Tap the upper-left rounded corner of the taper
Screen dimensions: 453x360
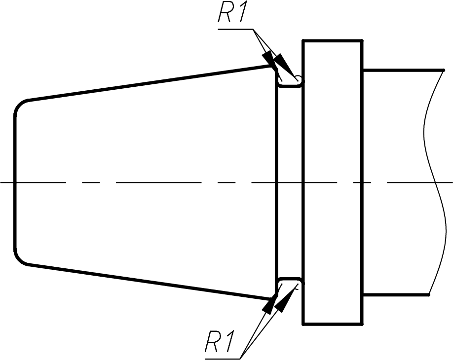click(19, 105)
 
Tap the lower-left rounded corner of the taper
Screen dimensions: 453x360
click(19, 259)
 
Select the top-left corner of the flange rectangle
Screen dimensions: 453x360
click(303, 41)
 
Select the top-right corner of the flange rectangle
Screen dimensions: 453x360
click(362, 41)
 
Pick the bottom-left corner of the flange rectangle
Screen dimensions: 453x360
click(303, 324)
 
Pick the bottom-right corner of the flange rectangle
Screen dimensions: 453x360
click(362, 324)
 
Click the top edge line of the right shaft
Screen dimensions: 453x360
click(403, 70)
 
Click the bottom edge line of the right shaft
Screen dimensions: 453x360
click(396, 295)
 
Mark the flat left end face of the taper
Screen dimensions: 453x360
click(15, 182)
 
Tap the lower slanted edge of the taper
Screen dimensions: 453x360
click(150, 282)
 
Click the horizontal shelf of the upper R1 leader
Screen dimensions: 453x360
click(235, 29)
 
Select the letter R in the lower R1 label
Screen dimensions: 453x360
click(212, 342)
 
